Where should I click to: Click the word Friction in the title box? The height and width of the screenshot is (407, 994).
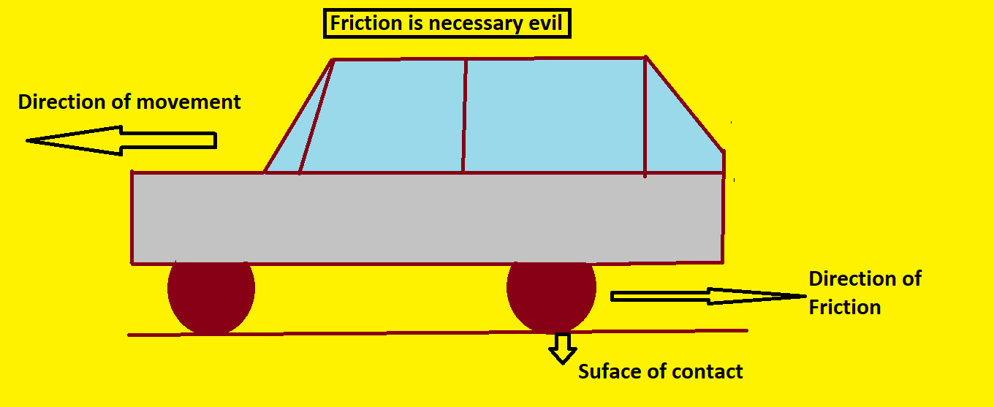pyautogui.click(x=360, y=24)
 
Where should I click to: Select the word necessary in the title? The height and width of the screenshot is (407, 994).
pyautogui.click(x=477, y=24)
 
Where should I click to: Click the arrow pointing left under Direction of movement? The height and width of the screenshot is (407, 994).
pyautogui.click(x=121, y=140)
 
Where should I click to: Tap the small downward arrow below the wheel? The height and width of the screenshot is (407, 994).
pyautogui.click(x=562, y=348)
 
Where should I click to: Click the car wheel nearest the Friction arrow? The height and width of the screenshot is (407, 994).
pyautogui.click(x=551, y=294)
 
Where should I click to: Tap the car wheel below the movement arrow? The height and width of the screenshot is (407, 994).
pyautogui.click(x=211, y=294)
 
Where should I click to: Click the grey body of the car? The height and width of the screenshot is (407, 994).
pyautogui.click(x=428, y=218)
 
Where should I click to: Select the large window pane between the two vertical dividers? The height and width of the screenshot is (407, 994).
pyautogui.click(x=554, y=115)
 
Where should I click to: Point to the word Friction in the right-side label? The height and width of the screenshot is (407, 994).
pyautogui.click(x=844, y=307)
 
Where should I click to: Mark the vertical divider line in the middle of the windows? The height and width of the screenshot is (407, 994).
pyautogui.click(x=464, y=115)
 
